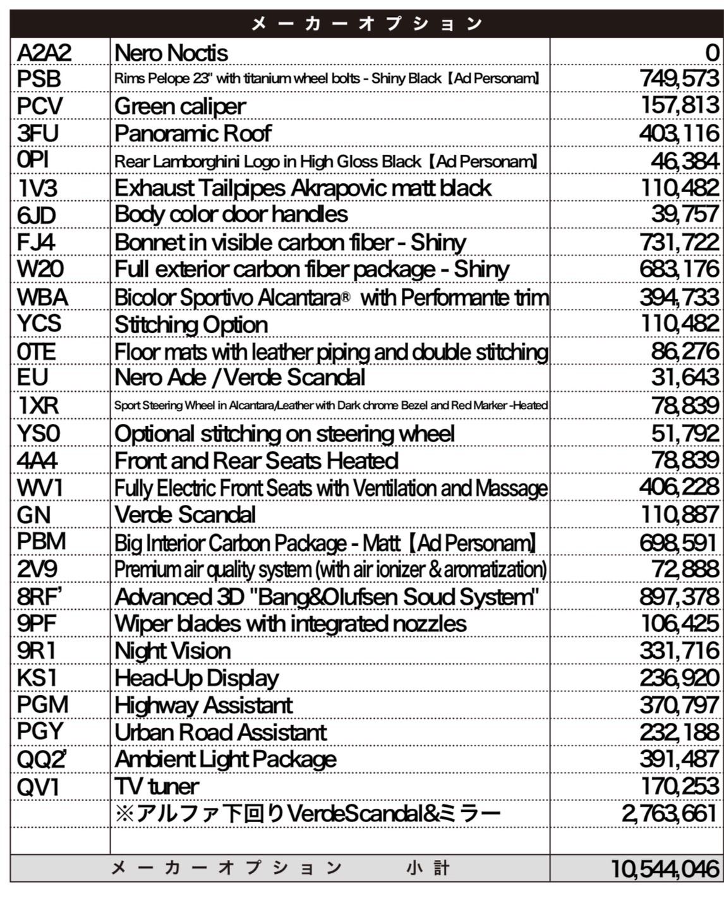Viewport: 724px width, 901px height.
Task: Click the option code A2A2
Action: point(44,52)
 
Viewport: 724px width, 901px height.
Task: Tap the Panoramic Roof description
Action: point(193,133)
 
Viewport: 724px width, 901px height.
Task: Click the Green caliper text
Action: point(180,106)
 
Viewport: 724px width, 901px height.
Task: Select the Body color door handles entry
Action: point(231,214)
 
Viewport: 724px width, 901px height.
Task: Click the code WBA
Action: point(42,297)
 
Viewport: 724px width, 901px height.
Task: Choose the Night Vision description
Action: point(172,651)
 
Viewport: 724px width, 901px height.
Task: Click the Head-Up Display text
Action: point(196,678)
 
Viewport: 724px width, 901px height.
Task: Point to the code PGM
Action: point(42,704)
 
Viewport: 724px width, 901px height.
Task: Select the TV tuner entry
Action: point(157,787)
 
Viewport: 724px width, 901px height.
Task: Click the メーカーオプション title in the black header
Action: point(366,24)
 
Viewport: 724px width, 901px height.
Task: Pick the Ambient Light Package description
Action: point(226,759)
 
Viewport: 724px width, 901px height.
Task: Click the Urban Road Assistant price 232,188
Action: point(679,732)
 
